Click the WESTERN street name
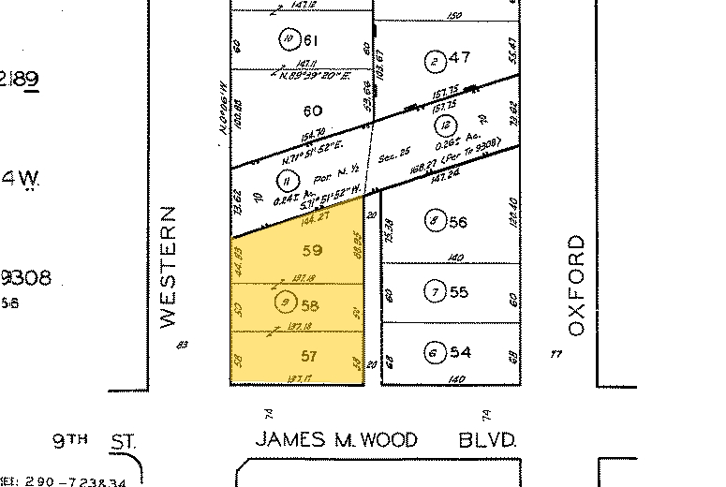169,267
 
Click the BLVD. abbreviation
488,439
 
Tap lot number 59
313,251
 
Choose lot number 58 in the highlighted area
310,304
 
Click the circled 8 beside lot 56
433,222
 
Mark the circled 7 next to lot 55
433,292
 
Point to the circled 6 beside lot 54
433,352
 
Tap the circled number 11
285,181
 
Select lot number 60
312,111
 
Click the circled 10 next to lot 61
288,38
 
